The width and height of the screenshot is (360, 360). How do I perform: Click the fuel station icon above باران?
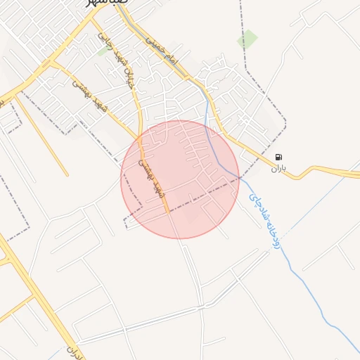coord(279,157)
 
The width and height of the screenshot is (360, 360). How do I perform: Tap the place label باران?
coord(279,168)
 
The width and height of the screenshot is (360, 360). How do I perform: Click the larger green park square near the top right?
coord(247,39)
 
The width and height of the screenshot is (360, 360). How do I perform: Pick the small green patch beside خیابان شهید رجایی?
coord(103,51)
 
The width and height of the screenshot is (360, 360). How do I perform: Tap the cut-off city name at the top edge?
coord(107,4)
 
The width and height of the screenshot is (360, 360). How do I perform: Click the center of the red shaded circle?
coord(180,179)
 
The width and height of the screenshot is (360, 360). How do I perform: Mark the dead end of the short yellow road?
coord(67,174)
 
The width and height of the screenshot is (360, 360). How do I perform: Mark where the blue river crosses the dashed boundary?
coord(237,177)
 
